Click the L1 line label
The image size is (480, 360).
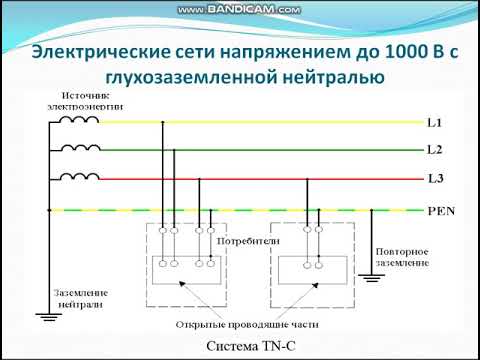434,123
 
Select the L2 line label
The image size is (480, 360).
434,150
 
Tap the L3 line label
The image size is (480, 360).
434,180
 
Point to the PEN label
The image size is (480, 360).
439,211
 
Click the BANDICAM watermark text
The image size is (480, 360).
240,9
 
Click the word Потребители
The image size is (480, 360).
237,242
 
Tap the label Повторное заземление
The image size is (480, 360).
403,256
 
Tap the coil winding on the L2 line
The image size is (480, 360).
80,149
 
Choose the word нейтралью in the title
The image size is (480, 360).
334,79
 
